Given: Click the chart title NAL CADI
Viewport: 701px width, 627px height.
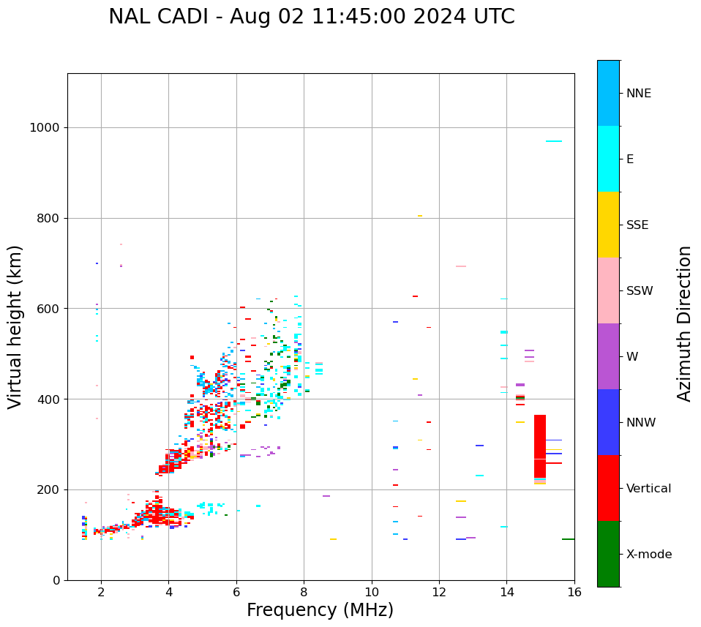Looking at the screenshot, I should pyautogui.click(x=311, y=17).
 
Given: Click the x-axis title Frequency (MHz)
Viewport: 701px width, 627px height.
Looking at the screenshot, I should pyautogui.click(x=320, y=610).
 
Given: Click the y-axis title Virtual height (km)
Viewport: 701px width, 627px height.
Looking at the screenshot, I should pyautogui.click(x=15, y=327).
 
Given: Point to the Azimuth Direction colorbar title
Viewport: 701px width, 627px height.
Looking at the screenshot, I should pyautogui.click(x=684, y=323).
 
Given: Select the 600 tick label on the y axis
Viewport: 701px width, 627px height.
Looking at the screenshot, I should pyautogui.click(x=48, y=309).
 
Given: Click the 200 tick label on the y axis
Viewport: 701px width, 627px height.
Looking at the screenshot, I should pyautogui.click(x=48, y=489).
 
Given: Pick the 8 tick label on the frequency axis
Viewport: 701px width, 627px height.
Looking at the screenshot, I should pyautogui.click(x=304, y=592).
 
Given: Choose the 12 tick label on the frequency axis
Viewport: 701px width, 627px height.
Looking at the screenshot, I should pyautogui.click(x=439, y=592).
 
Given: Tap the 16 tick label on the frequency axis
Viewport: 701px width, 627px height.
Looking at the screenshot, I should pyautogui.click(x=574, y=592).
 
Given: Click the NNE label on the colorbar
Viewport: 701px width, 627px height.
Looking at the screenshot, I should pyautogui.click(x=638, y=94).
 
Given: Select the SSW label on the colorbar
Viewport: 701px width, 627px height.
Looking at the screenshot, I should pyautogui.click(x=640, y=291).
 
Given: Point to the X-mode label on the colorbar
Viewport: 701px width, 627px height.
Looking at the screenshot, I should pyautogui.click(x=648, y=555).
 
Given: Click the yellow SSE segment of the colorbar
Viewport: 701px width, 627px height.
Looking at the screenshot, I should pyautogui.click(x=608, y=225).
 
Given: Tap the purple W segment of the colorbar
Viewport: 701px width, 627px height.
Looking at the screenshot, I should pyautogui.click(x=608, y=356).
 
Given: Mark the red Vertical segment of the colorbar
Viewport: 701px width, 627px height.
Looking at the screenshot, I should pyautogui.click(x=608, y=488).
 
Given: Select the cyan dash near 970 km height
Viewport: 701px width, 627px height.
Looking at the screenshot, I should pyautogui.click(x=554, y=141).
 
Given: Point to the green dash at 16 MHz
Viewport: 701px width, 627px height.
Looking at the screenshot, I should pyautogui.click(x=568, y=539).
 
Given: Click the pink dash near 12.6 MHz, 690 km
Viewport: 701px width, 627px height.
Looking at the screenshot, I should pyautogui.click(x=461, y=266).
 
